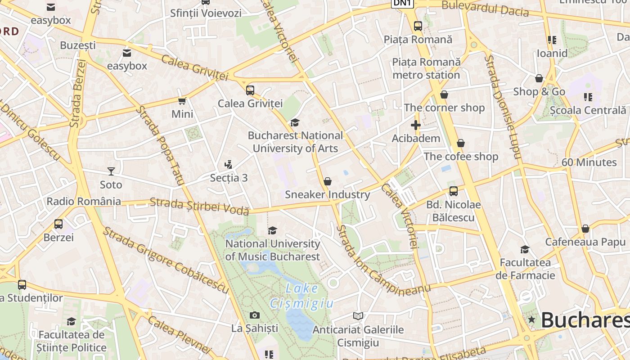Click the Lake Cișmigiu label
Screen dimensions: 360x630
[302, 296]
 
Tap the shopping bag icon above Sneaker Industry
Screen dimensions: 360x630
[328, 181]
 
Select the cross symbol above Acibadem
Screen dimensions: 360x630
[416, 125]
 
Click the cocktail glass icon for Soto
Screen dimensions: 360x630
[111, 171]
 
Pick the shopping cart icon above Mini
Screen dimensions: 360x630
[182, 101]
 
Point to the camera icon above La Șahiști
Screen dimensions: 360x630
[255, 315]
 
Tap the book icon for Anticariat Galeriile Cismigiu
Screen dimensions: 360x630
[358, 316]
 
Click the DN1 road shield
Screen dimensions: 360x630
[402, 4]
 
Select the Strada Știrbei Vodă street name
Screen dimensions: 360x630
[199, 206]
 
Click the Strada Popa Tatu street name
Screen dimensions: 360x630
[161, 146]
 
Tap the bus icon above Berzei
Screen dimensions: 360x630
[58, 224]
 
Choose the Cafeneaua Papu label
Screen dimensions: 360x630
[585, 242]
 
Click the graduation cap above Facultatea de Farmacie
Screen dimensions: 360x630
[525, 249]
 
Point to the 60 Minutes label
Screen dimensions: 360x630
[589, 162]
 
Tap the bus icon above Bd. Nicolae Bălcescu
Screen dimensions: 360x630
[454, 191]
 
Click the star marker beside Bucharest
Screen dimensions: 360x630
[532, 319]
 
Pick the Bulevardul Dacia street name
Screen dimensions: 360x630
[485, 9]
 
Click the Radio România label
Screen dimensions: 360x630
[84, 201]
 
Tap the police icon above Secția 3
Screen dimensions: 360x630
[229, 165]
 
